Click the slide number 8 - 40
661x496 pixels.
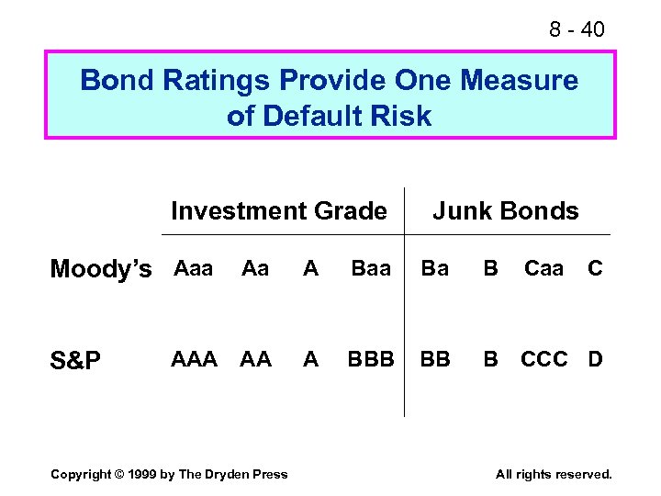(577, 29)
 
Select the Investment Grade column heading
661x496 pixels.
(279, 211)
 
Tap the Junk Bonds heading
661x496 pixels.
(506, 211)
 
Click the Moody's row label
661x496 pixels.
(101, 269)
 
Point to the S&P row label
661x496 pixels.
(76, 360)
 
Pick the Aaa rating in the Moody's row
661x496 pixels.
(193, 268)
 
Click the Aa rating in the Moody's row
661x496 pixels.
(254, 268)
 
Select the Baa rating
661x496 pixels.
(371, 268)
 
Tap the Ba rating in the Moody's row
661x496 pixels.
(435, 268)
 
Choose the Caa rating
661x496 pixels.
(543, 268)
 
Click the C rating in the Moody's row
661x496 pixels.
(595, 268)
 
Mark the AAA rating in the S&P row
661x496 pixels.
(195, 359)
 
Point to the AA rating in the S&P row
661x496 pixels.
(255, 359)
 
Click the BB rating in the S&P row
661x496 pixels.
(435, 359)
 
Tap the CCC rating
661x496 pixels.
(544, 359)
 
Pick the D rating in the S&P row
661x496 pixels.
(595, 359)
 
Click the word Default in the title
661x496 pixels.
(312, 116)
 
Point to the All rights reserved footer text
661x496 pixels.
(553, 474)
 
